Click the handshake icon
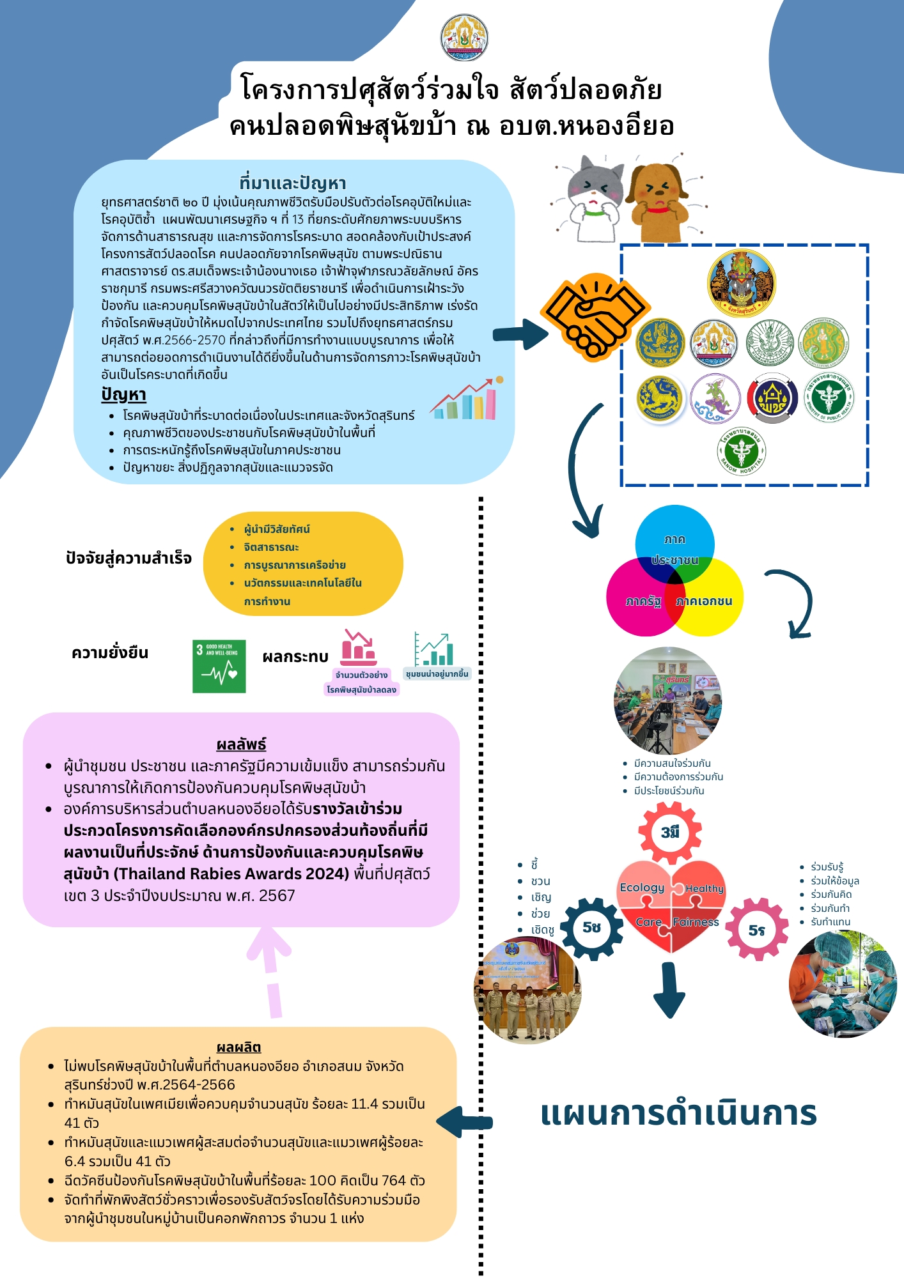click(595, 317)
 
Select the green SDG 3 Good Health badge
click(219, 666)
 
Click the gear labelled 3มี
click(670, 833)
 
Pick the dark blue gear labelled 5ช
click(592, 928)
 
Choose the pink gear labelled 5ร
click(757, 930)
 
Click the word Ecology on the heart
click(642, 888)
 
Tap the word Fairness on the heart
click(696, 922)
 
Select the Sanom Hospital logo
click(742, 452)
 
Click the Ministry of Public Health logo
click(829, 398)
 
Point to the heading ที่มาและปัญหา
click(293, 183)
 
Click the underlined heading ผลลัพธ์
click(241, 744)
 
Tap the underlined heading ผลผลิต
click(238, 1047)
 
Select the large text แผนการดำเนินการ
click(678, 1113)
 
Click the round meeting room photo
click(667, 700)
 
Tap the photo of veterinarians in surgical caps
click(843, 984)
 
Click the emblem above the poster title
click(464, 38)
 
